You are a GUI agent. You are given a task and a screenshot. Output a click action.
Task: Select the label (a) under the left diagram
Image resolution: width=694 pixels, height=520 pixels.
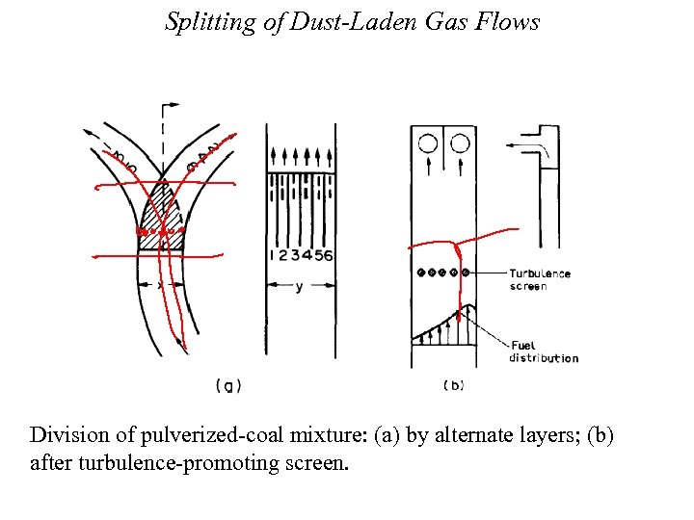point(227,386)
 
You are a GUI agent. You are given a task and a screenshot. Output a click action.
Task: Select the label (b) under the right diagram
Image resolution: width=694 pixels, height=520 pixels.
point(453,386)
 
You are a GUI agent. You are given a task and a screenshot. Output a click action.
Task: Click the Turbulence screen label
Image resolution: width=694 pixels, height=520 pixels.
point(540,279)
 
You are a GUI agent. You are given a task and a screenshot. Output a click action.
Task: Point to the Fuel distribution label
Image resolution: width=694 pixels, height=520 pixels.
point(544,351)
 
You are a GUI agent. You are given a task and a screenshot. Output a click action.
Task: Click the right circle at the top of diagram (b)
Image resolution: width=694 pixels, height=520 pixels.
point(460,144)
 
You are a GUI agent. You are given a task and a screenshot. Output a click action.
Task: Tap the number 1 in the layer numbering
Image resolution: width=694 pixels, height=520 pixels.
point(274,255)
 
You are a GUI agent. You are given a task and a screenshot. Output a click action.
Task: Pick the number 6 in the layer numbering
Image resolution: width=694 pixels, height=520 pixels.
point(330,255)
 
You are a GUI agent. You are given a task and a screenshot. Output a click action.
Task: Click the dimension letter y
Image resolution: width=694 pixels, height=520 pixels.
point(299,286)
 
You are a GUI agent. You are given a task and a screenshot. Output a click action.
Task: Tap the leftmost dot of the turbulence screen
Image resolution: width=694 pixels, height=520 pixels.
point(421,273)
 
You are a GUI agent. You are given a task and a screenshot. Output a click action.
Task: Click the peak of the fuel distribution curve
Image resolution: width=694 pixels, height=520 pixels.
point(468,307)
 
